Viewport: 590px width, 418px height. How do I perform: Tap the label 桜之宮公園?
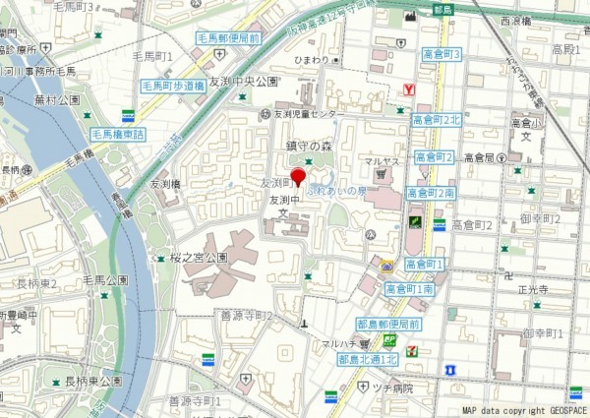pos(199,257)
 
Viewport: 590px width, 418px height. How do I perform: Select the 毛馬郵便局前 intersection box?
pos(228,38)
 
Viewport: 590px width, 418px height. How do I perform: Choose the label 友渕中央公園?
pos(245,82)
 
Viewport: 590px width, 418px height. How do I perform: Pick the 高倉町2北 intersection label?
pos(436,120)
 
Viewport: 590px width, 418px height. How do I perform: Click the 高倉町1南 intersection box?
pos(410,289)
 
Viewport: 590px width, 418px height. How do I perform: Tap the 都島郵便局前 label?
pos(388,324)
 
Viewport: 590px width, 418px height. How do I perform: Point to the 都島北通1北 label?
pos(367,360)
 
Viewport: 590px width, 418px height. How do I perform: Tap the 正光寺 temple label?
pos(532,291)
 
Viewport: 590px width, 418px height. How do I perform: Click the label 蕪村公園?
pos(55,99)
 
